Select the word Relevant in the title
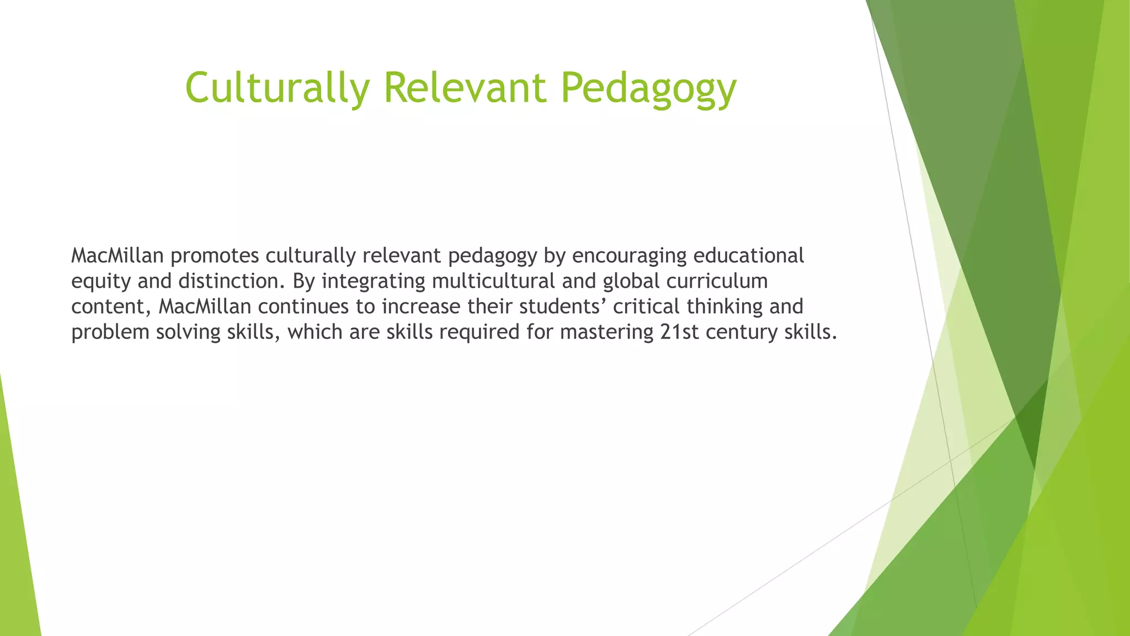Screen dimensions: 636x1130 pyautogui.click(x=465, y=87)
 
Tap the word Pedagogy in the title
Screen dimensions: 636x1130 pyautogui.click(x=648, y=88)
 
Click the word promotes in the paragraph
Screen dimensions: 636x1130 pyautogui.click(x=214, y=256)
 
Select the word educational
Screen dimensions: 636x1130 pyautogui.click(x=748, y=256)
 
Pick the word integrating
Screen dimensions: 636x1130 pyautogui.click(x=374, y=282)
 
